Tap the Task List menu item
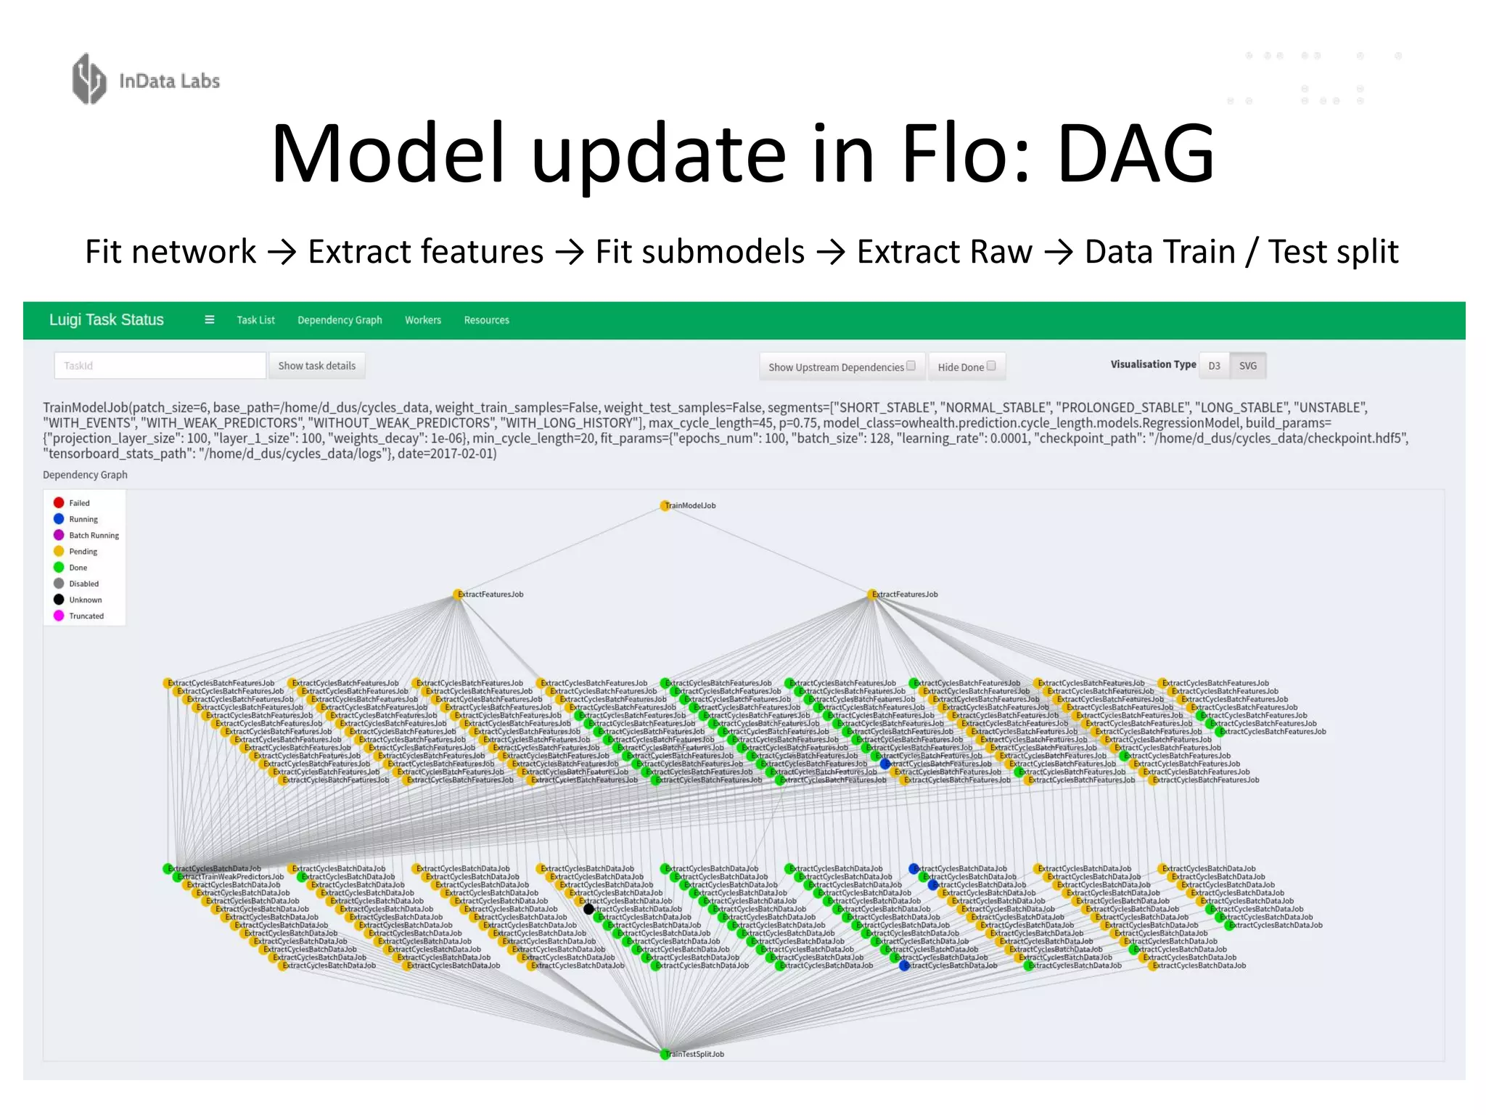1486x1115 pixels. point(255,320)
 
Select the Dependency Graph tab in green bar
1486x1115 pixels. point(340,320)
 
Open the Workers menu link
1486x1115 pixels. point(423,320)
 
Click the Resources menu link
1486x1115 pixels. point(486,320)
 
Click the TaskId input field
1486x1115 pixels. point(160,366)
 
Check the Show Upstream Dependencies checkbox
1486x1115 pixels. point(911,366)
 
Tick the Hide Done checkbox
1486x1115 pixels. point(991,366)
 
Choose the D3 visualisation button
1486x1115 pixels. point(1214,366)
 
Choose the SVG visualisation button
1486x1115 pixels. point(1247,366)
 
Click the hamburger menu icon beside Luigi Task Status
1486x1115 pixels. point(210,320)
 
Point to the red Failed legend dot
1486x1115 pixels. point(59,502)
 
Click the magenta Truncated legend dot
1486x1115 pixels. point(59,616)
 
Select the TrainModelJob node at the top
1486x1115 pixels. point(665,505)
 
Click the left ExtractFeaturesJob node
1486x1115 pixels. point(458,595)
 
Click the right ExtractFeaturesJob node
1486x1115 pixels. point(871,595)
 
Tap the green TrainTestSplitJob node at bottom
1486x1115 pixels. point(665,1054)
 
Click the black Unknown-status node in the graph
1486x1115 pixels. point(588,909)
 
